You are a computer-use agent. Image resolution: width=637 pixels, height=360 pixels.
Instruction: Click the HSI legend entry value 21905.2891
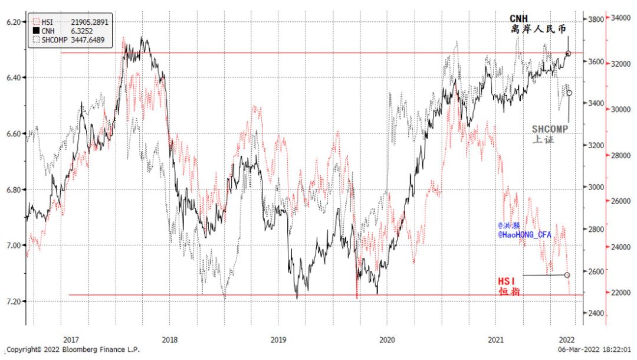pyautogui.click(x=88, y=21)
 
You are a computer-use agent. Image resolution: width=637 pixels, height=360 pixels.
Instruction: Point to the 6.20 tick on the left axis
pyautogui.click(x=13, y=22)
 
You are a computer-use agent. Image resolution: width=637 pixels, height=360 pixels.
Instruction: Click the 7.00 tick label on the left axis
pyautogui.click(x=13, y=245)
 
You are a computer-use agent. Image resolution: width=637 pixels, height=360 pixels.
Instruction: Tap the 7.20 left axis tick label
pyautogui.click(x=13, y=301)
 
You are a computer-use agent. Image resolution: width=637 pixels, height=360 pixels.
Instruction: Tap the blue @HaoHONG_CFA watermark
pyautogui.click(x=525, y=234)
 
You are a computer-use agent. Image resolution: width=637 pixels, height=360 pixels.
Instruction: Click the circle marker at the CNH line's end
pyautogui.click(x=568, y=54)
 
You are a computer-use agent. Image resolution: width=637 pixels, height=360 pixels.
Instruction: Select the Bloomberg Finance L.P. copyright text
pyautogui.click(x=73, y=350)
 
